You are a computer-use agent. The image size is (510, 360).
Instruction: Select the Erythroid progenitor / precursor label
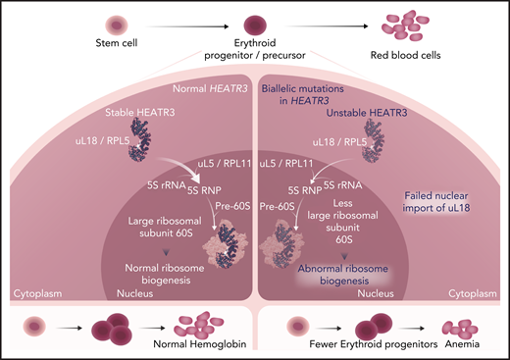click(x=257, y=49)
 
